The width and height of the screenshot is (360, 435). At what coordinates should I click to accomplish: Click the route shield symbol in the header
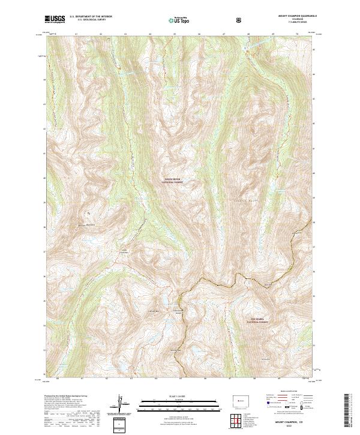[x=239, y=20]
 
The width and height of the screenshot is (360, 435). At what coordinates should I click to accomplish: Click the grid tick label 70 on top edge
[x=298, y=34]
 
